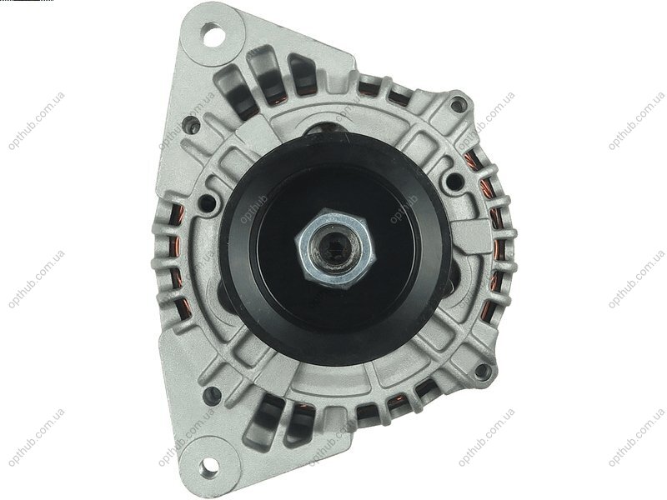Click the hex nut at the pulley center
click(336, 248)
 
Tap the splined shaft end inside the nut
click(336, 250)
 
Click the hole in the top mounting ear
click(213, 35)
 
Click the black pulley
click(335, 248)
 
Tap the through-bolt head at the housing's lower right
click(481, 371)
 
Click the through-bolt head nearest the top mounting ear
click(190, 124)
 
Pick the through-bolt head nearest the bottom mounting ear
click(212, 395)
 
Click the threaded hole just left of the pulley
click(208, 202)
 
